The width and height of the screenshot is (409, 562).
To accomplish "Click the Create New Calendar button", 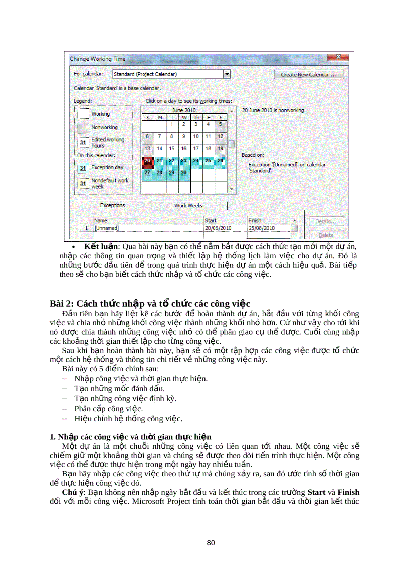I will [x=308, y=74].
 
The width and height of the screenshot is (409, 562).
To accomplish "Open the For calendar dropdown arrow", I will [x=227, y=74].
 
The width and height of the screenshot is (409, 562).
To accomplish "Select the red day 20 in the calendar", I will [x=147, y=161].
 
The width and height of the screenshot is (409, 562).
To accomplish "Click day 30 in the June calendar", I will [x=184, y=173].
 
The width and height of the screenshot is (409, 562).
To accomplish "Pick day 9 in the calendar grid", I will [x=184, y=136].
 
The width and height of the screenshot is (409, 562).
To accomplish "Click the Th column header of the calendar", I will [x=196, y=117].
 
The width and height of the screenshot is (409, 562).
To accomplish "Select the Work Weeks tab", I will [x=188, y=206].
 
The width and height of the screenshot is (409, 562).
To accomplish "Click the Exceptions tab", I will [x=113, y=205].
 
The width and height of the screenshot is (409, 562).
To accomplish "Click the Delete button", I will [x=326, y=234].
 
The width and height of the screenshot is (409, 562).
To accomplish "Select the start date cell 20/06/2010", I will [x=218, y=228].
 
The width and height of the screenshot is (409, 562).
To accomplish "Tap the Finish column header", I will [x=255, y=220].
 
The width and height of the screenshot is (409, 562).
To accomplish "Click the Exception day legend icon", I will [x=83, y=168].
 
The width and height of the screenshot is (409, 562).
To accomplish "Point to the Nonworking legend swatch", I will [x=83, y=127].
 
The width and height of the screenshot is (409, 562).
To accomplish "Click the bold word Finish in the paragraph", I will [x=348, y=492].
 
